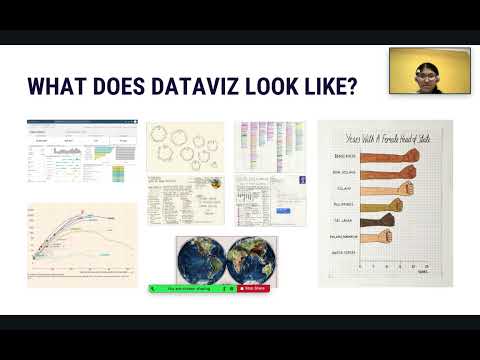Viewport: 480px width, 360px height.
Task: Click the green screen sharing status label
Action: (x=191, y=288)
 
